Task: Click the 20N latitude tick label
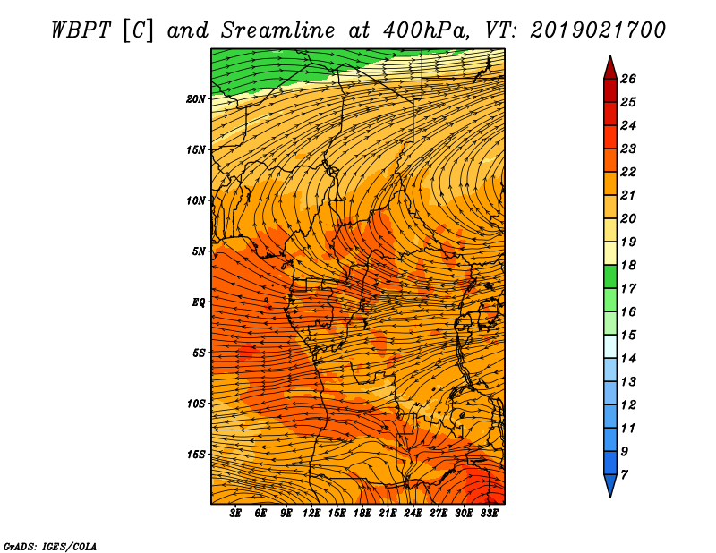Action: click(196, 99)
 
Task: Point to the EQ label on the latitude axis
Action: click(199, 302)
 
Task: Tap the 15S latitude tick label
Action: click(196, 455)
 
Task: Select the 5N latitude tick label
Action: click(199, 251)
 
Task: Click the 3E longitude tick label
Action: click(235, 514)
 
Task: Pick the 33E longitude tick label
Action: click(489, 514)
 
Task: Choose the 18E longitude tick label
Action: click(362, 514)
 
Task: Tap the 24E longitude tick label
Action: click(413, 514)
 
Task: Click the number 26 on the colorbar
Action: click(628, 79)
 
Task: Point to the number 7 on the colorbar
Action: click(624, 475)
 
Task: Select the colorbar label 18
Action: click(628, 265)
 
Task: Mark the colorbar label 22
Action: click(628, 172)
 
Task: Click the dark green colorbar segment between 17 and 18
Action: click(610, 276)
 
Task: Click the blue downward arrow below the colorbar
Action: click(610, 485)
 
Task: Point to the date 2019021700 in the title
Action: click(598, 30)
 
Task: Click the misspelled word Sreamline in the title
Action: click(278, 30)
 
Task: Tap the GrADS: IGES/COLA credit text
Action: click(50, 547)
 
